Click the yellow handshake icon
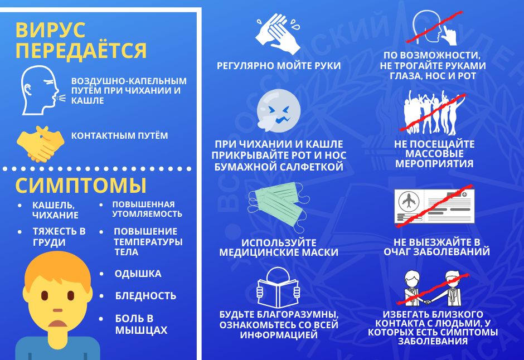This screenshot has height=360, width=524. click(x=41, y=144)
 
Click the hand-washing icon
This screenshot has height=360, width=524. click(x=278, y=34)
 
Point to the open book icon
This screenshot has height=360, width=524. click(x=278, y=288)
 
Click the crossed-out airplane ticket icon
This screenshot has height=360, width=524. click(x=434, y=206)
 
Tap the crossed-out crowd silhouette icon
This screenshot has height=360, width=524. click(x=433, y=113)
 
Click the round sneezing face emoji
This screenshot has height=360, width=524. click(x=278, y=110)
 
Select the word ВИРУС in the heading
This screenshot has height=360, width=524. click(x=51, y=30)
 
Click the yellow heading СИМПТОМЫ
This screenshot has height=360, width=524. click(x=81, y=186)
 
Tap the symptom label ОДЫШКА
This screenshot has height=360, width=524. click(x=138, y=274)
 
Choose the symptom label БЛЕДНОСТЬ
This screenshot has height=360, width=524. click(x=145, y=295)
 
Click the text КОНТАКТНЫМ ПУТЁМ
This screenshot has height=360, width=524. click(x=120, y=135)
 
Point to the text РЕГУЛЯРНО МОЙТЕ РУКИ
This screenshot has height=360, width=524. click(x=279, y=66)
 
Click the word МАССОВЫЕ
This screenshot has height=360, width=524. click(x=434, y=154)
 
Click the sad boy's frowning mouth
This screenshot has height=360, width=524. click(x=58, y=324)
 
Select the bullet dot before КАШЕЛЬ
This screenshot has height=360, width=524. click(x=20, y=206)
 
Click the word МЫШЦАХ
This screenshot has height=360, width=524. click(x=142, y=330)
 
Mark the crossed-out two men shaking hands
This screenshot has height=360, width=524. click(x=433, y=289)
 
